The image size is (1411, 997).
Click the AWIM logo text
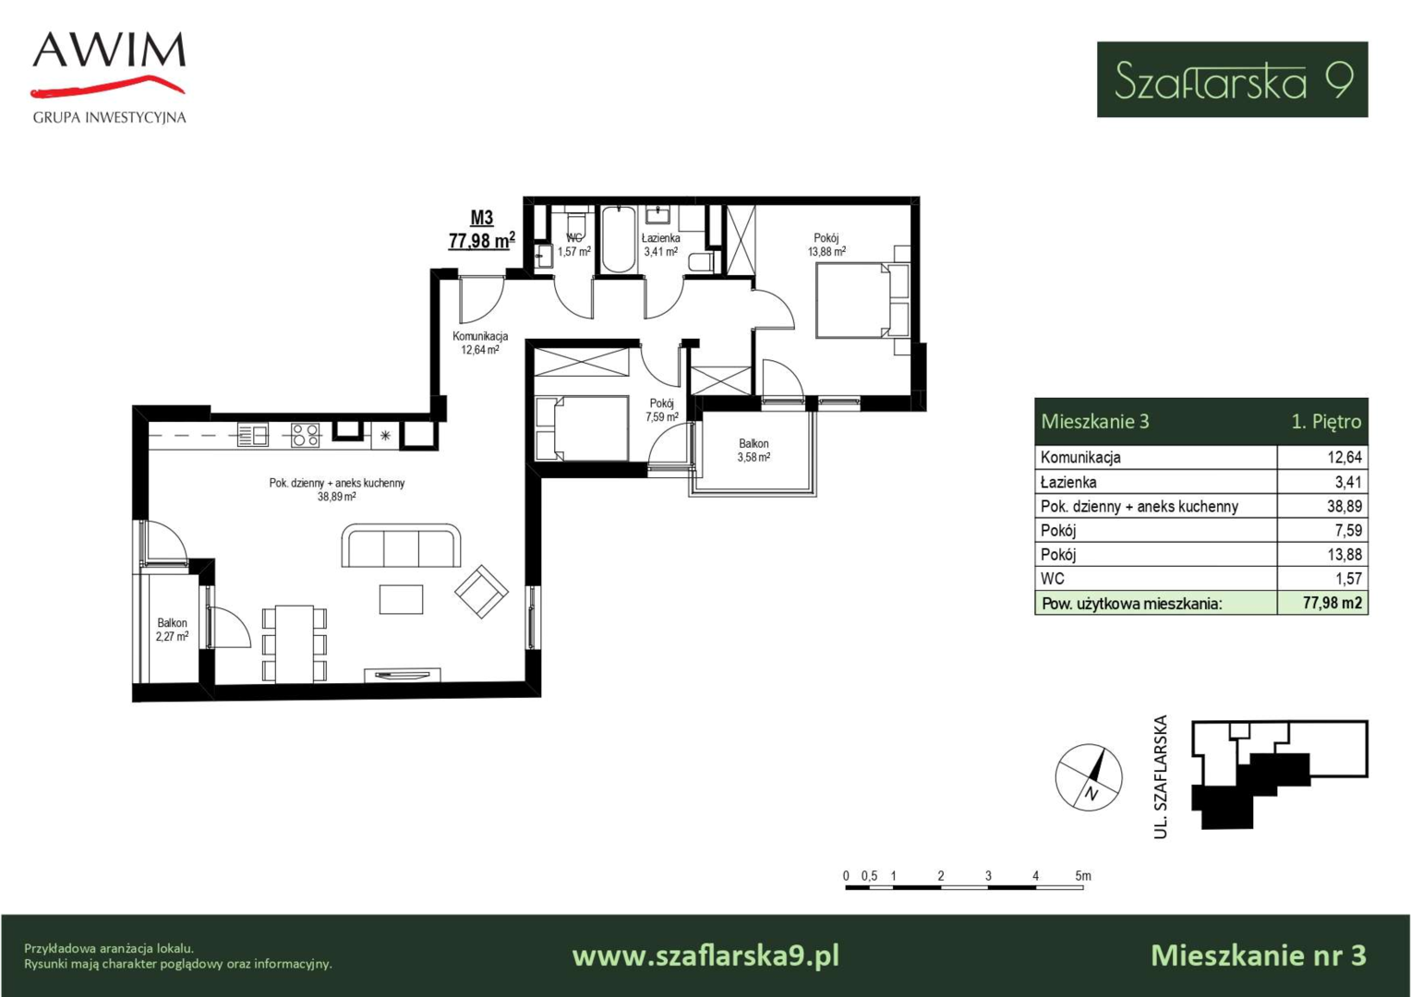tap(110, 50)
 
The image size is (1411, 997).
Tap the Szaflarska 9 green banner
tap(1232, 79)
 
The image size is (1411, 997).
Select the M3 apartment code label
tap(482, 218)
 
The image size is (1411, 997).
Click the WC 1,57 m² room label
tap(573, 245)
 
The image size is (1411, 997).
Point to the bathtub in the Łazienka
tap(618, 239)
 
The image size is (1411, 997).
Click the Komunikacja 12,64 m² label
tap(480, 342)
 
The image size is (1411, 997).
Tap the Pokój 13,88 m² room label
tap(826, 245)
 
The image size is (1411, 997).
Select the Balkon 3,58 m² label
tap(754, 450)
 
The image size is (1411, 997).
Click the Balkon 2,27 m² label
tap(172, 630)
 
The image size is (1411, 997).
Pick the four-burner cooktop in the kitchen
tap(305, 435)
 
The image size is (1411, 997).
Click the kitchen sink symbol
tap(253, 435)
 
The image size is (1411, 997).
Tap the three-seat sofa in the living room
tap(402, 546)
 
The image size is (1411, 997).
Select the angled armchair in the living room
tap(481, 591)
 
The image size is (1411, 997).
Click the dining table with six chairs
tap(295, 643)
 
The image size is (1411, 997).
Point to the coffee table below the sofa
tap(402, 599)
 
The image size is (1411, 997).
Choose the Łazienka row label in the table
tap(1068, 483)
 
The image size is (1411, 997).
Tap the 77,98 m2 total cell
tap(1333, 603)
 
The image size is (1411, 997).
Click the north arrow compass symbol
tap(1089, 777)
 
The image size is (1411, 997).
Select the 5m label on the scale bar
tap(1083, 875)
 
